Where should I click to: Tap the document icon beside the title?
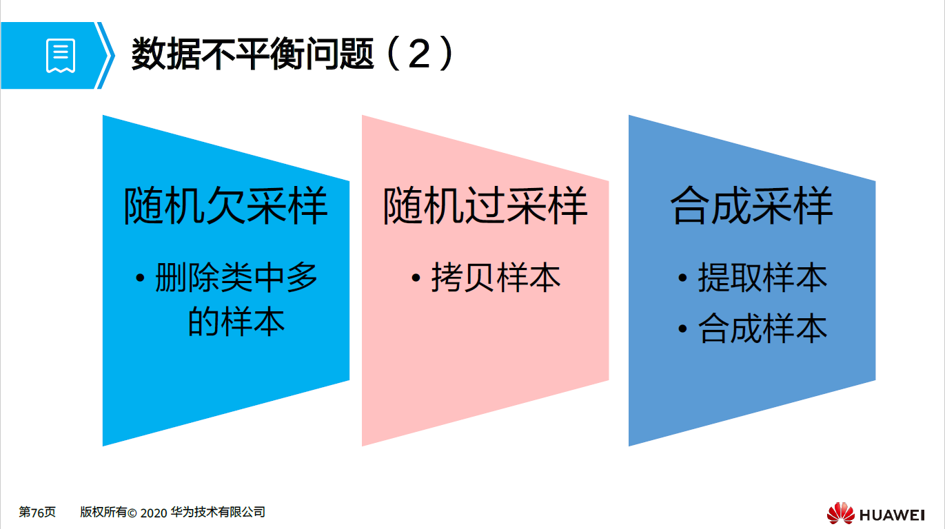pos(61,56)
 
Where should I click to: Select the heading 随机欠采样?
pos(225,205)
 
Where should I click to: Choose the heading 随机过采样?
pos(485,205)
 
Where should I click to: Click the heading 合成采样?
pos(752,205)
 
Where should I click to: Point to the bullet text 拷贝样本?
pos(496,278)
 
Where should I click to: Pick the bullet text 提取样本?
pos(762,278)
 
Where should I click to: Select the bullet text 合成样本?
pos(762,329)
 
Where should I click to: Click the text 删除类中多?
pos(236,278)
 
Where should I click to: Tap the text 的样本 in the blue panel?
pos(236,322)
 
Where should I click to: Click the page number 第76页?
pos(37,512)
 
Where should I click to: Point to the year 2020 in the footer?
pos(154,512)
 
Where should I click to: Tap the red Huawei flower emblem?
pos(840,513)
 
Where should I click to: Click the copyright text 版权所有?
pos(103,512)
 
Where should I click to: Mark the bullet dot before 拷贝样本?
pos(416,278)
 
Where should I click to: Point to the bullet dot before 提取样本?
pos(682,278)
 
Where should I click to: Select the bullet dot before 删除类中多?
pos(141,278)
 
